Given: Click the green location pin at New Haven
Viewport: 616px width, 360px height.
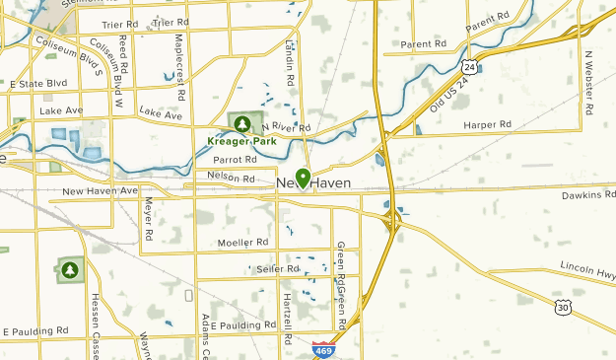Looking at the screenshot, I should click(x=303, y=178).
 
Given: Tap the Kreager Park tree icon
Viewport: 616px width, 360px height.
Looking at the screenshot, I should click(x=240, y=122).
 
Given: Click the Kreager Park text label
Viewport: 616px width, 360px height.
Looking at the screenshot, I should click(x=241, y=141).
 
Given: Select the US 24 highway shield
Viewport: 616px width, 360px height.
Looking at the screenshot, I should click(x=470, y=67).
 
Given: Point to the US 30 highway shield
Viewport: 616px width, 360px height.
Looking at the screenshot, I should click(x=563, y=308).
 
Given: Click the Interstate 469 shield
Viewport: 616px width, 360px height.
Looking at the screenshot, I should click(x=321, y=348).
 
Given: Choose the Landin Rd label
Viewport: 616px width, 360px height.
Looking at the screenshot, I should click(x=290, y=60).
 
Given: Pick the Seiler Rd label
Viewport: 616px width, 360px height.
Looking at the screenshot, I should click(x=277, y=268).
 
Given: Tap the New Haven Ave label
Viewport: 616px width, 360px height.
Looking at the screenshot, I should click(x=100, y=190).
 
